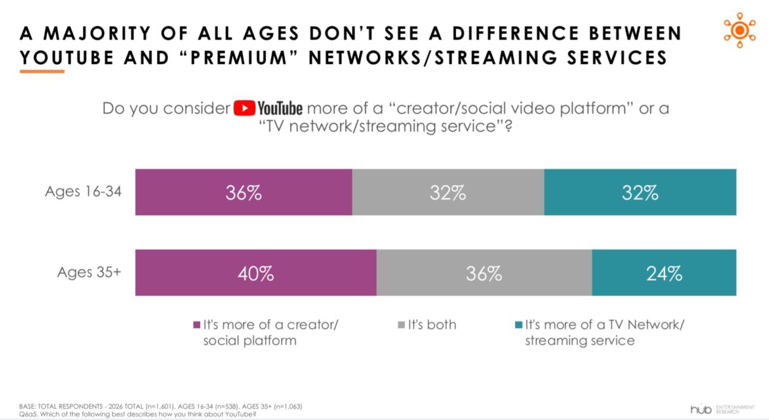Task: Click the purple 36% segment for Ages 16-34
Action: tap(243, 192)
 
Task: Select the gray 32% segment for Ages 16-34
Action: tap(448, 192)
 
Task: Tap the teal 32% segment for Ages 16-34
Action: tap(640, 192)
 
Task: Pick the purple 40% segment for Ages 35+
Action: tap(256, 273)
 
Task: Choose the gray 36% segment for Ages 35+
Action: tap(484, 273)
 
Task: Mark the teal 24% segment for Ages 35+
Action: tap(664, 273)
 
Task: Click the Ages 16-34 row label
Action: tap(83, 192)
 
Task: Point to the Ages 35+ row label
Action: tap(89, 272)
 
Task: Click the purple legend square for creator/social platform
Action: tap(196, 325)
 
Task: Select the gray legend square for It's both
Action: tap(400, 325)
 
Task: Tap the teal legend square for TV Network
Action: tap(519, 325)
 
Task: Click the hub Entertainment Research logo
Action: tap(722, 409)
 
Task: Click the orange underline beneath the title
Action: tap(42, 71)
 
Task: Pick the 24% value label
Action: tap(664, 273)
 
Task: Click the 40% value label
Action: tap(256, 273)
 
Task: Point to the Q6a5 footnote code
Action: tap(28, 414)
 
